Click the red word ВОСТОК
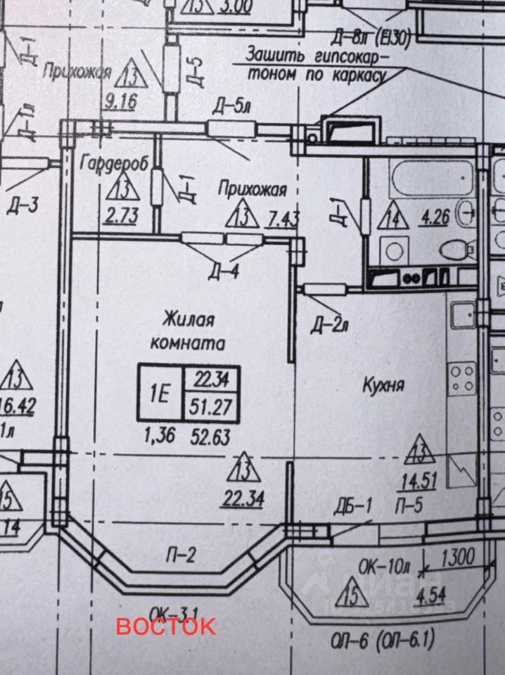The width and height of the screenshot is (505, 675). pos(166,626)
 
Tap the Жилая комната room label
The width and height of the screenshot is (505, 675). pos(188,332)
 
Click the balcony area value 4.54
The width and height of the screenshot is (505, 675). pos(433,598)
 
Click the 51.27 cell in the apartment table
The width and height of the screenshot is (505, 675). pos(212,406)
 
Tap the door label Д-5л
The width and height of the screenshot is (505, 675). pos(231,107)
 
